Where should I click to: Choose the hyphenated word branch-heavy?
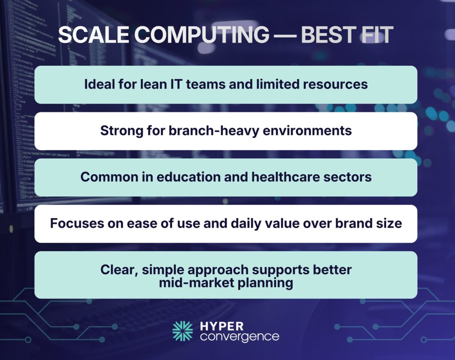(200, 131)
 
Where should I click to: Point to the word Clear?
(116, 270)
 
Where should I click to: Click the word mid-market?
(196, 283)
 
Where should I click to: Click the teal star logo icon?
(183, 331)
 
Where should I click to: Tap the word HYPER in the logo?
(222, 325)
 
